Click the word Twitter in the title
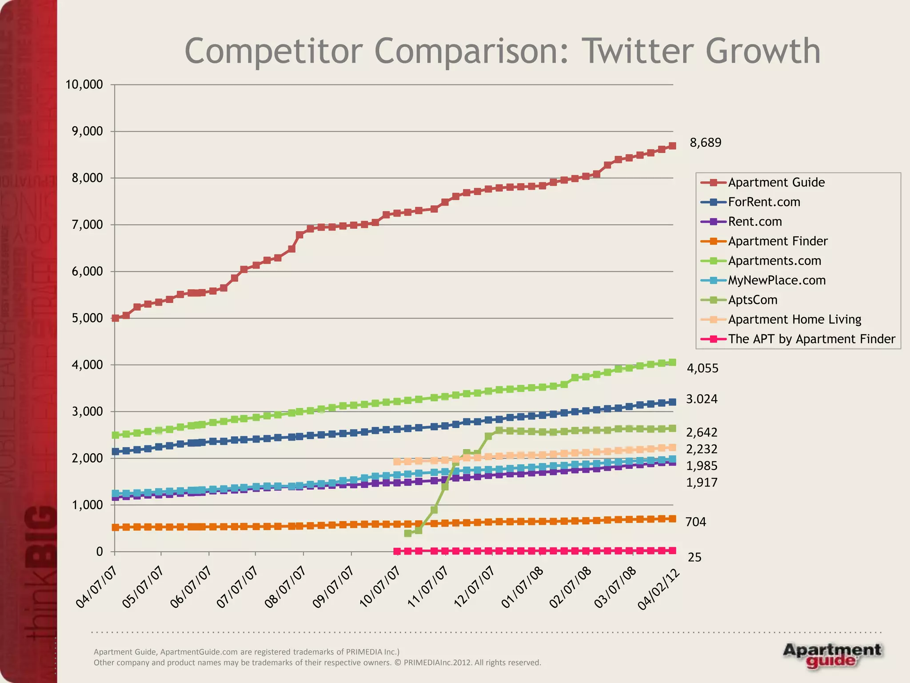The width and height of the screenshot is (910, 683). [637, 51]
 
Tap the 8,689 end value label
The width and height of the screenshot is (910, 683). [705, 143]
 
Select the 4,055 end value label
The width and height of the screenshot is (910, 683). [702, 368]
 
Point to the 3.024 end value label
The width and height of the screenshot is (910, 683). [702, 399]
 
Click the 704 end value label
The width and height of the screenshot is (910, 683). [695, 522]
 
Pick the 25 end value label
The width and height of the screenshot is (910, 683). [694, 557]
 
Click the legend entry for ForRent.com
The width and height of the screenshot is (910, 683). [763, 202]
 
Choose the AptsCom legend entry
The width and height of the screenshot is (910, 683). [752, 300]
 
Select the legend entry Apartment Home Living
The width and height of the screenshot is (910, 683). [794, 319]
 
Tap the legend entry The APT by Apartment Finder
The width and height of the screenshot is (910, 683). [811, 339]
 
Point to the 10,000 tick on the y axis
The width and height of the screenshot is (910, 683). [84, 84]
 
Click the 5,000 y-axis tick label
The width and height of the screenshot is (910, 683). [87, 318]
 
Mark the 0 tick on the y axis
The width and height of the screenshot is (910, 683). [99, 551]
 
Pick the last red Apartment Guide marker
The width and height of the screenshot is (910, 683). [672, 146]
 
